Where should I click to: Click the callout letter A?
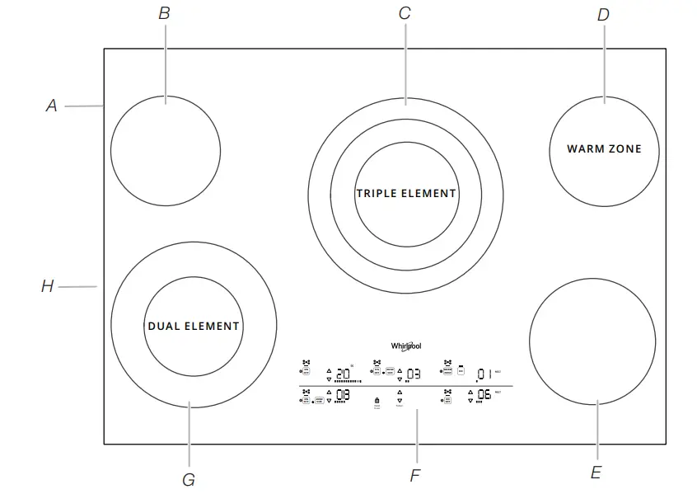click(x=51, y=106)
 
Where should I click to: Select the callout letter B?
click(x=164, y=13)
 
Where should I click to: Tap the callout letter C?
click(x=405, y=13)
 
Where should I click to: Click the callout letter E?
click(x=596, y=473)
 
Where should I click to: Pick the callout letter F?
click(x=416, y=476)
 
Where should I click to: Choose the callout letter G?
click(x=189, y=479)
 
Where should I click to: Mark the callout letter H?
click(x=48, y=287)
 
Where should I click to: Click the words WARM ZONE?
click(x=604, y=149)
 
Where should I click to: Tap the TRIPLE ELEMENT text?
click(x=406, y=193)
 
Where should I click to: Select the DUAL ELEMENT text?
click(x=194, y=326)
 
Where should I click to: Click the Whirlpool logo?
click(x=406, y=346)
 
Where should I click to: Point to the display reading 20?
click(x=344, y=373)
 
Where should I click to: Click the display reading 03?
click(x=413, y=373)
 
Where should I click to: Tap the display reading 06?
click(x=484, y=395)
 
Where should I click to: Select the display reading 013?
click(x=343, y=395)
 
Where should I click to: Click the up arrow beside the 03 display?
click(x=400, y=369)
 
